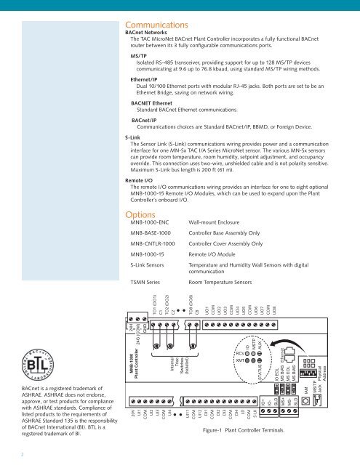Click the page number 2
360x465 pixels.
pos(22,456)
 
